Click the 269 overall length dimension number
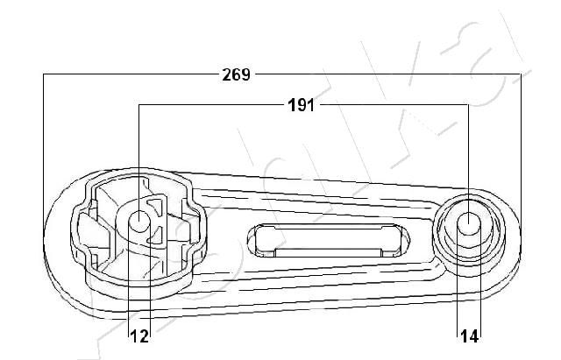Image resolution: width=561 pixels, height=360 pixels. pos(237,74)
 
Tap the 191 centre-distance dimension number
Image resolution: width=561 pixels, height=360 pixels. pos(302,106)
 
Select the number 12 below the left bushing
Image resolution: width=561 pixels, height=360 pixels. pos(139,335)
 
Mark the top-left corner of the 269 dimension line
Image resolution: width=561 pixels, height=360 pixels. pos(44,75)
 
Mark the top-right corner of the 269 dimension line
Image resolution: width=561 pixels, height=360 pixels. pos(521,75)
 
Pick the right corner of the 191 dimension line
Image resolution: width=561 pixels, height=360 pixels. pos(469,106)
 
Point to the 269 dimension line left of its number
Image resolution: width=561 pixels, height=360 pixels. pos(131,75)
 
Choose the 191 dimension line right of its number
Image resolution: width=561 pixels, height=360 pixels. pos(394,106)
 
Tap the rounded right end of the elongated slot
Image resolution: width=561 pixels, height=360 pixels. pos(401,240)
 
